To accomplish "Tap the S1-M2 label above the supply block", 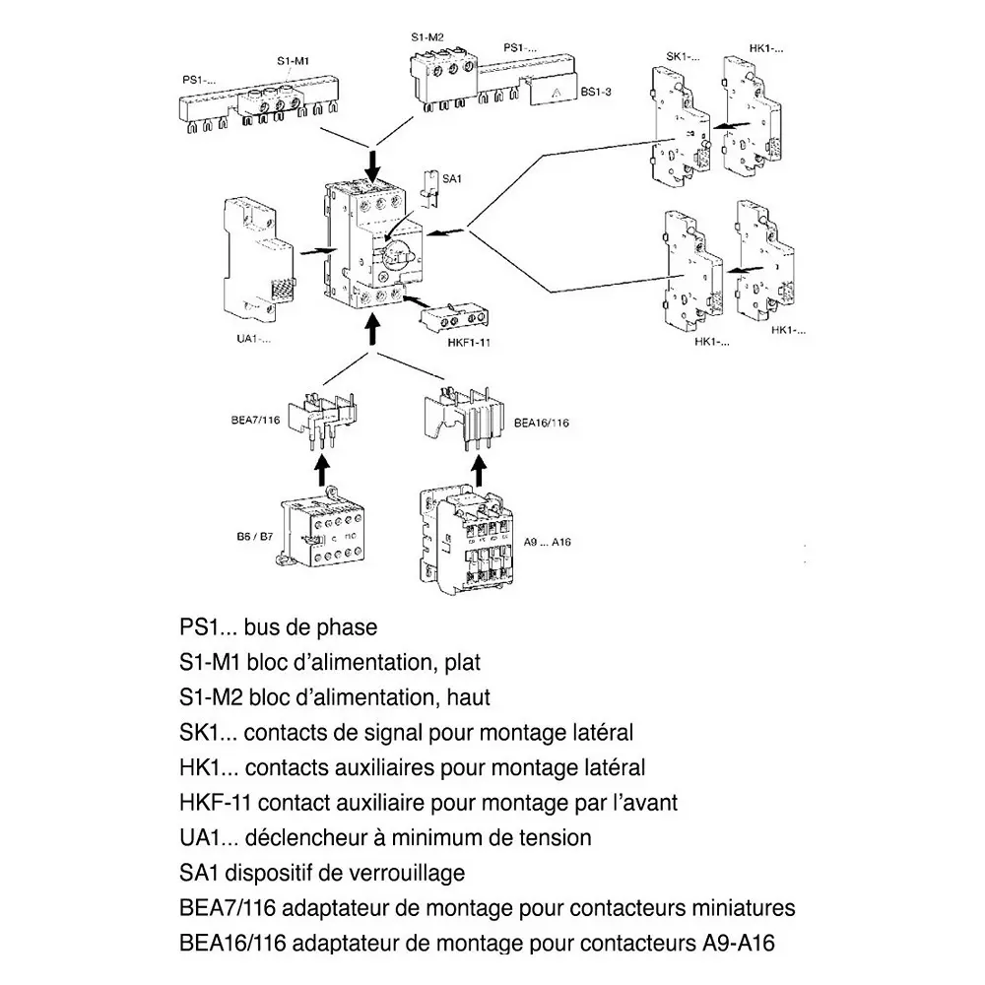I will click(427, 36).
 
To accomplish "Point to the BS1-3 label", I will click(597, 92).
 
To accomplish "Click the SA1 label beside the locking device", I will click(453, 178).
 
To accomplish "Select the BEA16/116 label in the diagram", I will click(542, 423).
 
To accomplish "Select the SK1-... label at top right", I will click(684, 56).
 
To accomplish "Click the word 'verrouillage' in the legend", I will click(408, 873).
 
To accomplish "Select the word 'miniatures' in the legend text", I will click(738, 907).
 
